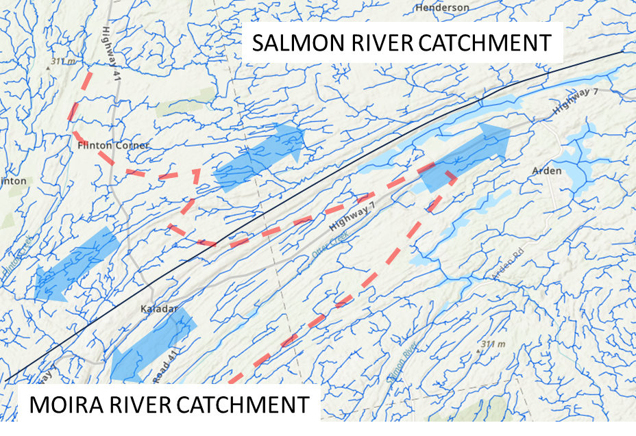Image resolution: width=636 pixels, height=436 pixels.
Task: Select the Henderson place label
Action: pos(443,8)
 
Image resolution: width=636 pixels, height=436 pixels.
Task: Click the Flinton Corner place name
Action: pos(113,146)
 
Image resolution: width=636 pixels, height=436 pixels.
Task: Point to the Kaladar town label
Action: pos(158,309)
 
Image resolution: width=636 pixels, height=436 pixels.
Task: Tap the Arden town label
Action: pos(546,170)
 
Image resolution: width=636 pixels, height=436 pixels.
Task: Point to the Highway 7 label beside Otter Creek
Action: pos(352,216)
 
